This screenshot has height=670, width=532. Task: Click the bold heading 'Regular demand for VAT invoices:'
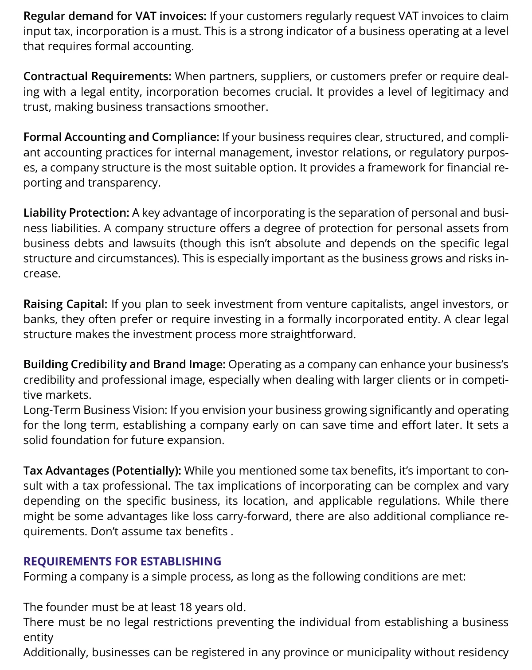point(115,16)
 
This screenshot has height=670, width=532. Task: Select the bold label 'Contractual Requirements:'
point(97,77)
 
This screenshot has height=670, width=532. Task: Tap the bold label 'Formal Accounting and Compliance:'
point(121,137)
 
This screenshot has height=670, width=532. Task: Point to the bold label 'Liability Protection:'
point(76,213)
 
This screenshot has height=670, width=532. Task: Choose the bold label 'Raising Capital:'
point(65,304)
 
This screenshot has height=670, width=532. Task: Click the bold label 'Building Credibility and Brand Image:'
point(124,365)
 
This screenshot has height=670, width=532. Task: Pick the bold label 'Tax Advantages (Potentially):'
point(102,471)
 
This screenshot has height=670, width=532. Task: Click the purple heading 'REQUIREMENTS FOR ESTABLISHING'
point(122,562)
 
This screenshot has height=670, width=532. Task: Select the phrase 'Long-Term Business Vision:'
point(95,410)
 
